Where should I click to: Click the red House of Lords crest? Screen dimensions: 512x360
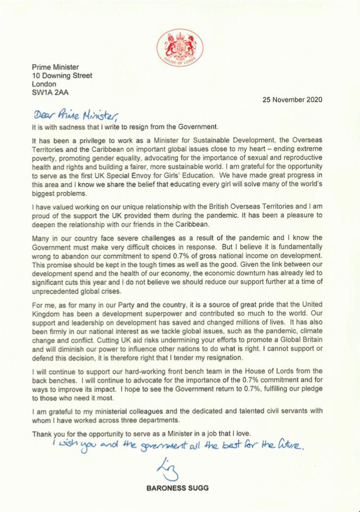point(180,48)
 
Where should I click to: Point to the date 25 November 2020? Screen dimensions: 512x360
point(292,99)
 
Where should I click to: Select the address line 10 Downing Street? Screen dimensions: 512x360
point(61,75)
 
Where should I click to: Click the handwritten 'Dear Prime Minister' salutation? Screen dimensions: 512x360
point(76,114)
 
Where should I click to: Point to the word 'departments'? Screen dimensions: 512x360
point(153,421)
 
